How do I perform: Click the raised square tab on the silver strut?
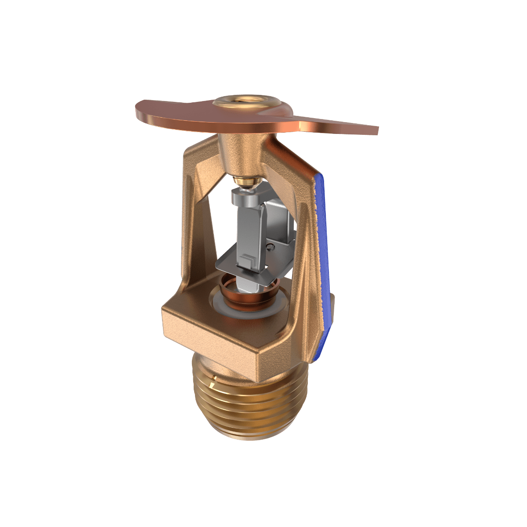[x=246, y=260]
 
